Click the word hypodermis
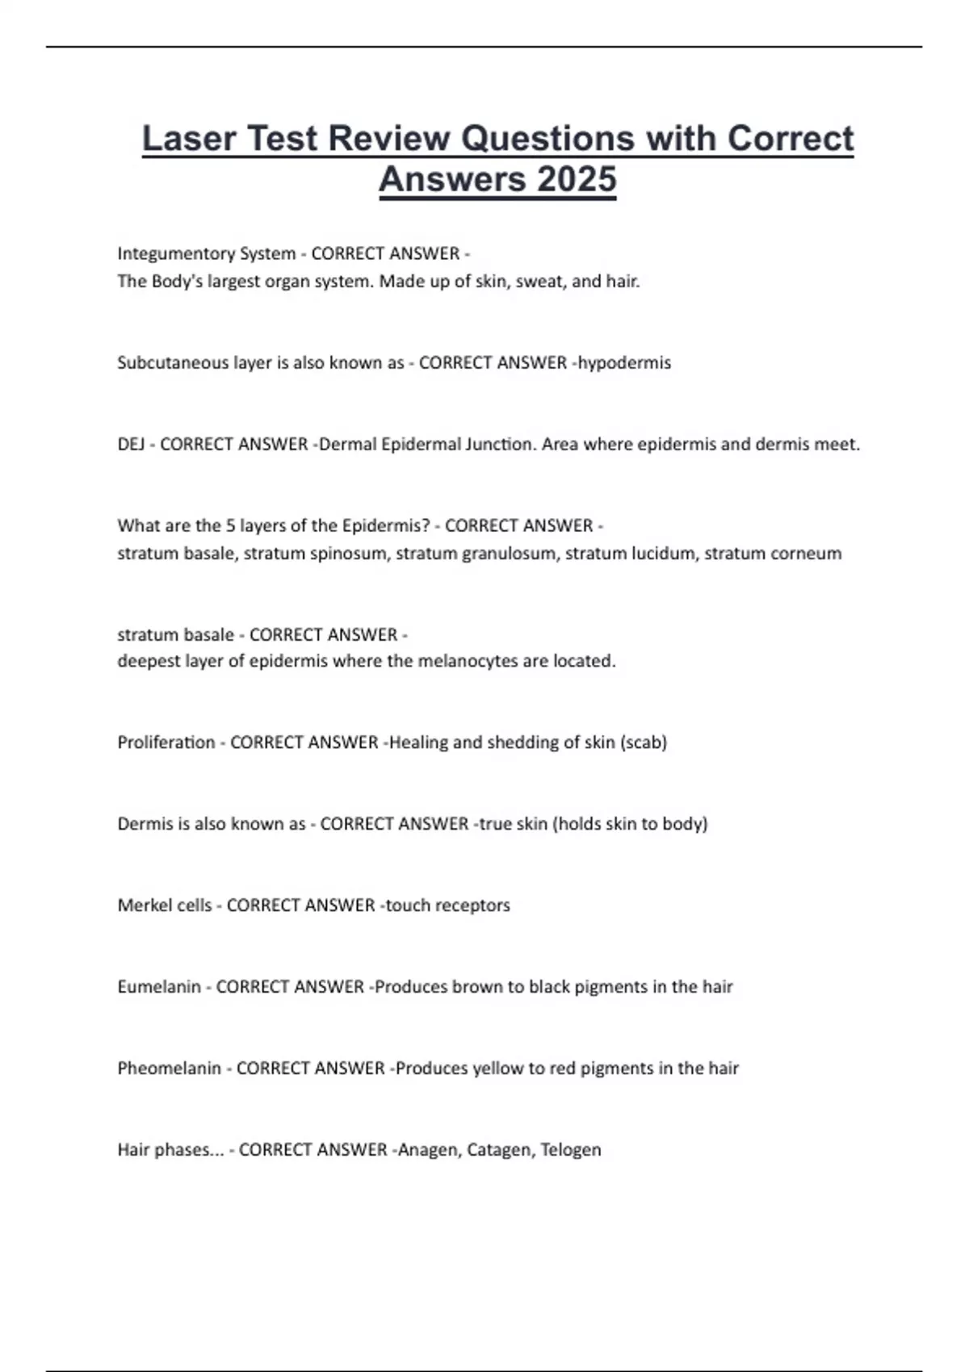tap(624, 363)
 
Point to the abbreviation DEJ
tap(131, 445)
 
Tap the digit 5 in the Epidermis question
tap(230, 526)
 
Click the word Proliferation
tap(166, 742)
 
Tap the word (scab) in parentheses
tap(644, 742)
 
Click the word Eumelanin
tap(159, 987)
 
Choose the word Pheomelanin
tap(169, 1069)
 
